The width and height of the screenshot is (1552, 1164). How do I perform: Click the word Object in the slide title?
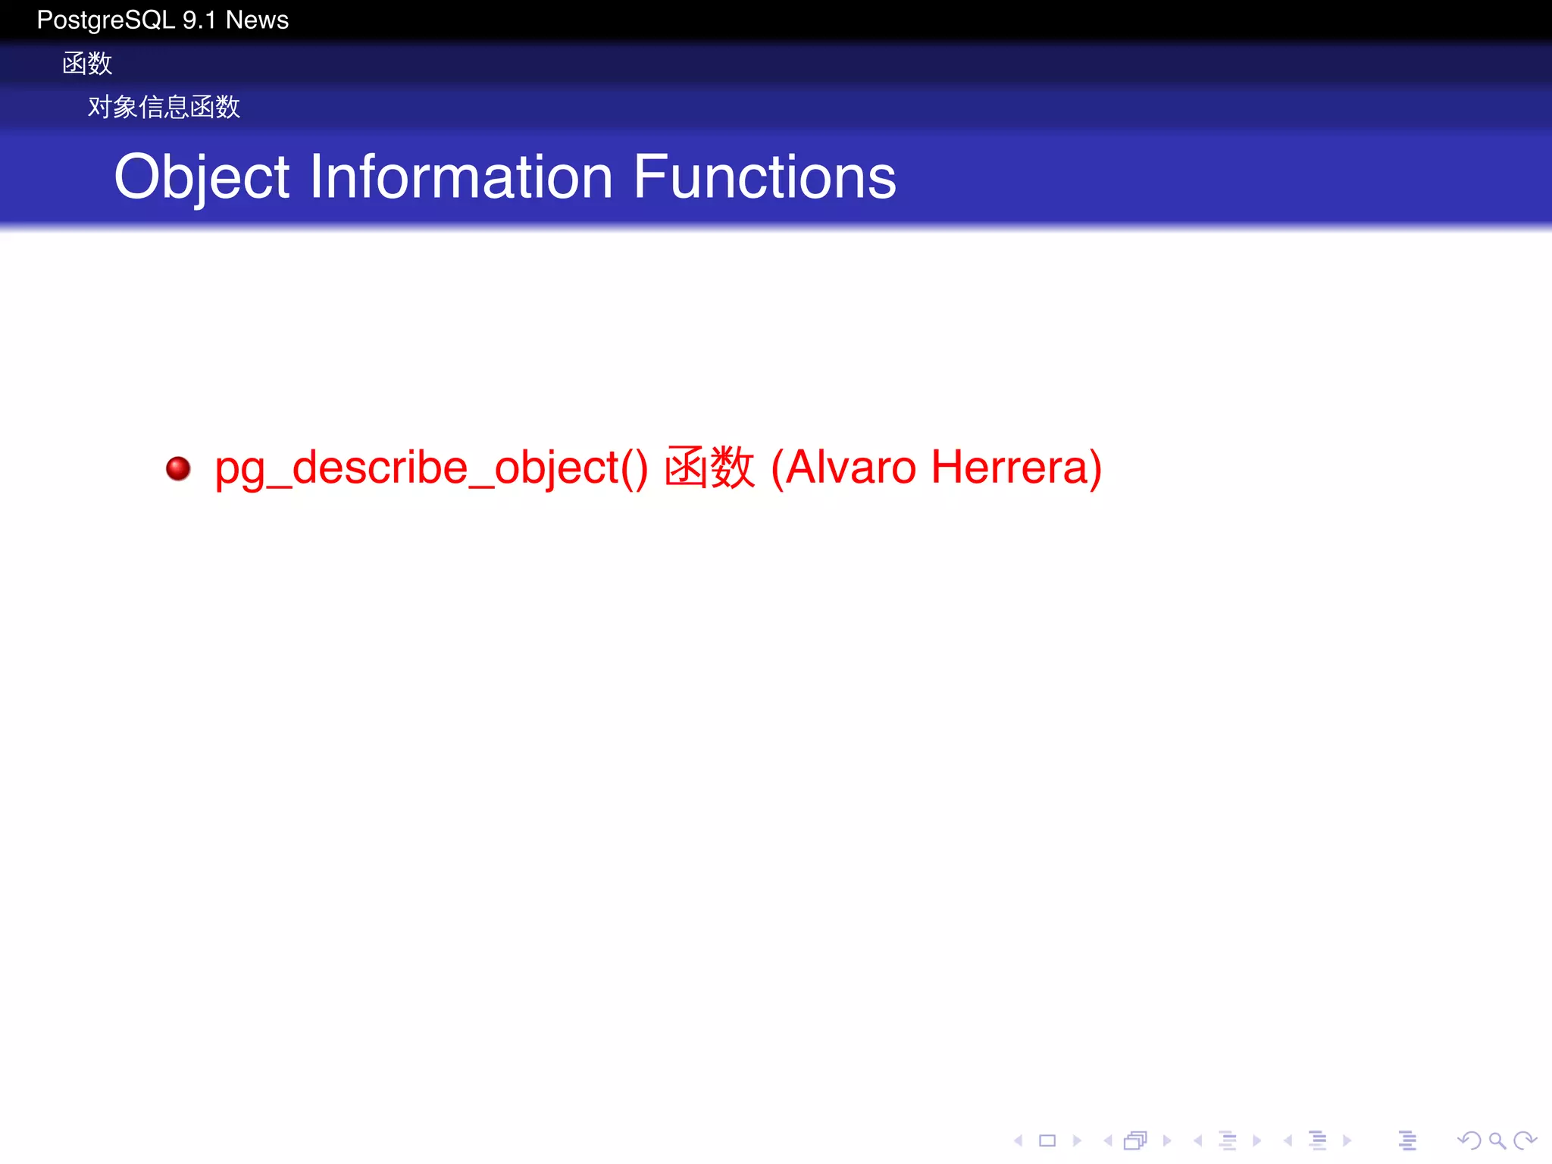coord(201,177)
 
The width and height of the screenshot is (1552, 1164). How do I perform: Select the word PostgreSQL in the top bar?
coord(106,20)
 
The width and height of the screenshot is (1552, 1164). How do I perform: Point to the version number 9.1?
coord(199,20)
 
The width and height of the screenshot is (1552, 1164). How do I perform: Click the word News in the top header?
coord(257,20)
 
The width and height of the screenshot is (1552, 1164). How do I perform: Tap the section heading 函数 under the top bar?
coord(87,64)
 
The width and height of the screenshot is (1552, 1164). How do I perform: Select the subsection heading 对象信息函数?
coord(164,107)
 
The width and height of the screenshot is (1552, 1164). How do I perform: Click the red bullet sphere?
coord(178,468)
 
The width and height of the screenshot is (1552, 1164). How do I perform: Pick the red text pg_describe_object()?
coord(430,468)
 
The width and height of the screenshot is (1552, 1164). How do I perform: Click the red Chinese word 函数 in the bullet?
coord(709,468)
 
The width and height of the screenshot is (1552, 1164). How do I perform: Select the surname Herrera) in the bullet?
coord(1015,468)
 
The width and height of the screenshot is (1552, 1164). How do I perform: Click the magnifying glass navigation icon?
coord(1497,1141)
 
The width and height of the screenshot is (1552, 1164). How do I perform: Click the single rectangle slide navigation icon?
coord(1047,1141)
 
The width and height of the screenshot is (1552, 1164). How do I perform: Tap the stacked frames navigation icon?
coord(1136,1141)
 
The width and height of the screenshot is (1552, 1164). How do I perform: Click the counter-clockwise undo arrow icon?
coord(1469,1141)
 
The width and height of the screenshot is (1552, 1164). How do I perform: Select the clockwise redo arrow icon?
coord(1525,1141)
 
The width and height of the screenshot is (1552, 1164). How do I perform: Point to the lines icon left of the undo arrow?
coord(1407,1141)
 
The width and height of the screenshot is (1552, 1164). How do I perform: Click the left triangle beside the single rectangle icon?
coord(1019,1141)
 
